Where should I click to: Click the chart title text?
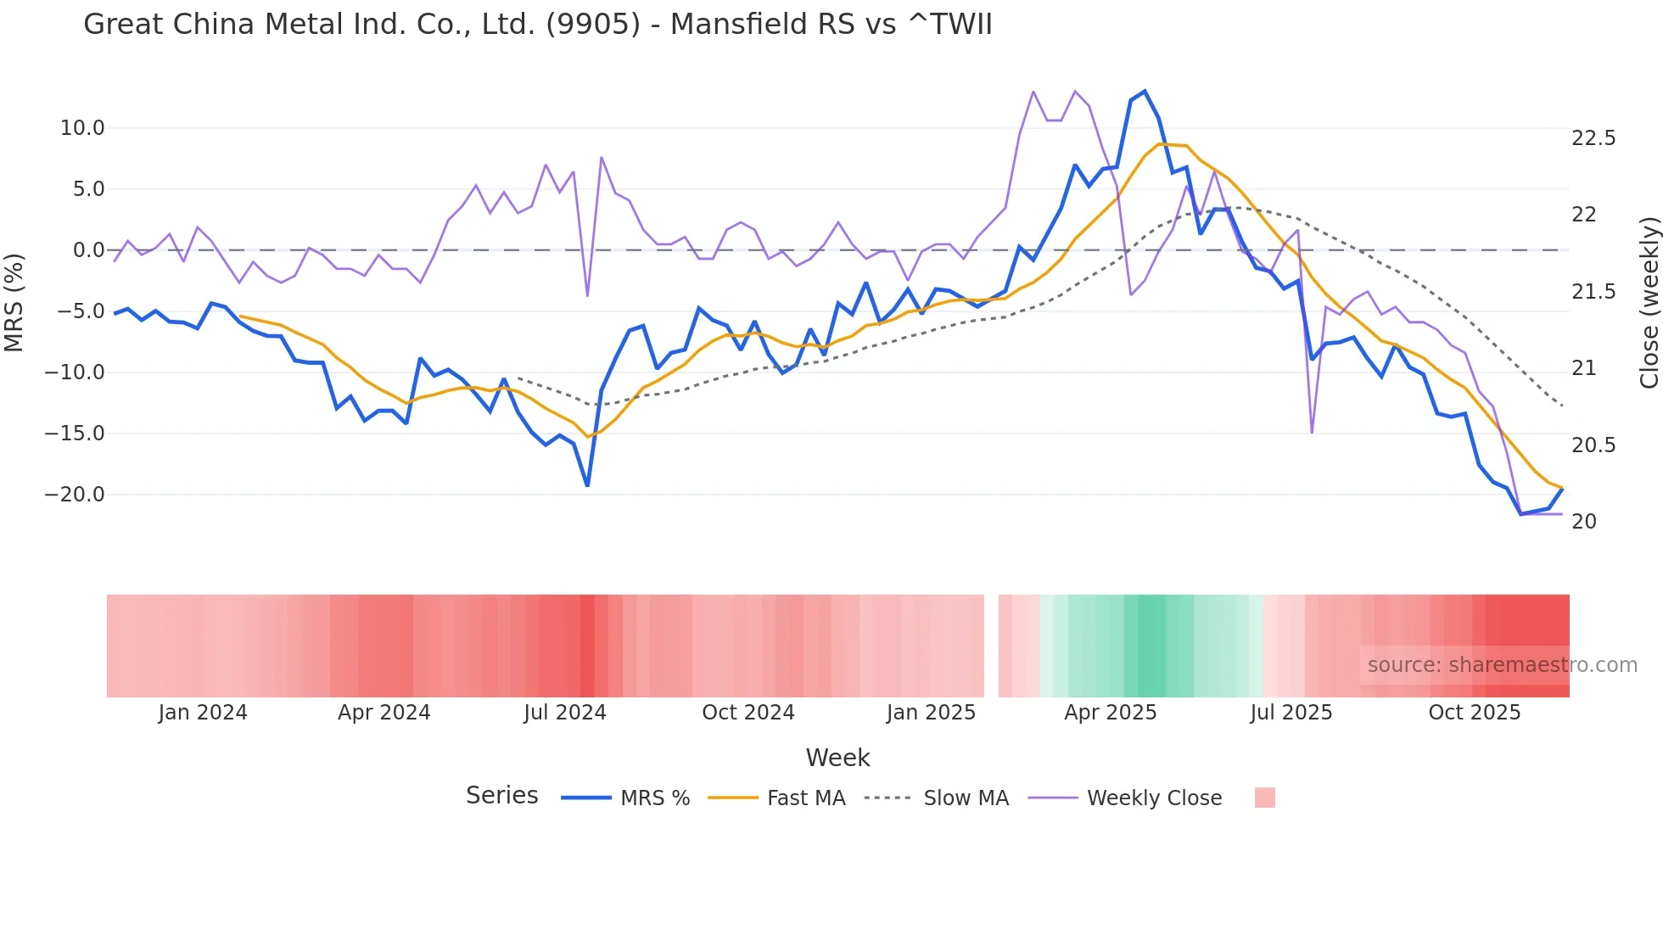537,25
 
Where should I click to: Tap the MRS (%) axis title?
14,302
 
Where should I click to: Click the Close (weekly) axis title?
1649,302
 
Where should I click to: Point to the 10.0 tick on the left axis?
81,128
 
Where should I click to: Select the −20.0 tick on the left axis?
75,495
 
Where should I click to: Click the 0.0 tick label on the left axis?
88,250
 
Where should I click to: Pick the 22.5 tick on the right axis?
1593,138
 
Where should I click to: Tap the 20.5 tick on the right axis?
1593,445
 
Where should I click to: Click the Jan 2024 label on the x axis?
203,713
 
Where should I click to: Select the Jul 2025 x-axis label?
1291,713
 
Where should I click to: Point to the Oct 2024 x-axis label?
748,713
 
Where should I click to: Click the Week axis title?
837,758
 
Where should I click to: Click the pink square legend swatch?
1264,798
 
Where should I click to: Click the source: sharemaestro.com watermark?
1502,665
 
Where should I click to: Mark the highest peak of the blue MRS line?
1145,92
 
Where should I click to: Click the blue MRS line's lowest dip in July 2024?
587,485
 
